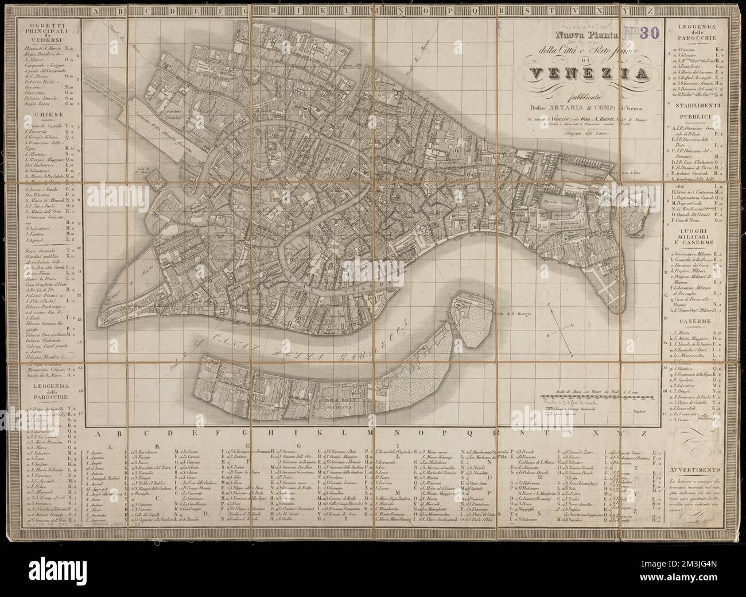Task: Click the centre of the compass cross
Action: point(557,328)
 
